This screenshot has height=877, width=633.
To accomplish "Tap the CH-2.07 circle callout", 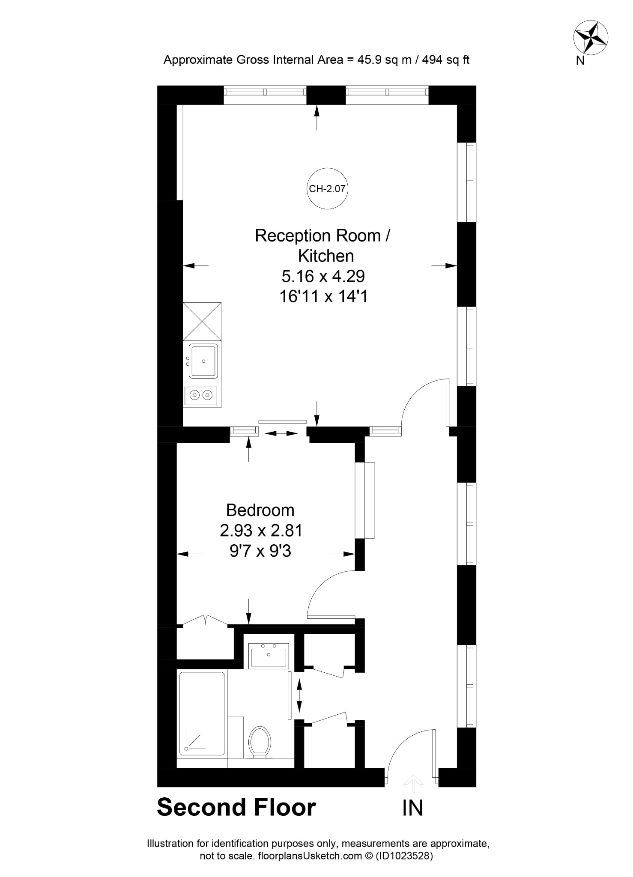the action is click(327, 188).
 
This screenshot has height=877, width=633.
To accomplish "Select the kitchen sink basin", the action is click(203, 361).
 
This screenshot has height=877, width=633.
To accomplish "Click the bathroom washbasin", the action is click(269, 656).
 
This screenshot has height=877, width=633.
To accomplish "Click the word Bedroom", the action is click(260, 510).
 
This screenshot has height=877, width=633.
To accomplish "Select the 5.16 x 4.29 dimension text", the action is click(323, 276).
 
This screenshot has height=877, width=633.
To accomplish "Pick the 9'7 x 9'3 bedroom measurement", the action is click(260, 551).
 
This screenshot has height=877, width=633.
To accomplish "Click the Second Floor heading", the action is click(236, 807).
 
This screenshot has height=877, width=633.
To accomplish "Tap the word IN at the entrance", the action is click(413, 808).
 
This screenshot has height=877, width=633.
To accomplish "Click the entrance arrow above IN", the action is click(413, 784).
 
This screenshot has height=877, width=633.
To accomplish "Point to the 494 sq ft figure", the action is click(446, 60).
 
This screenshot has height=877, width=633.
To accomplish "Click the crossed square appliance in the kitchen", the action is click(202, 321).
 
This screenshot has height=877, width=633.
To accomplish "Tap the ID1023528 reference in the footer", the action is click(405, 856).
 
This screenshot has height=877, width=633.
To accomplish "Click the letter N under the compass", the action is click(580, 61).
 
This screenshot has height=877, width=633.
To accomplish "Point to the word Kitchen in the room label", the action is click(326, 256).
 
